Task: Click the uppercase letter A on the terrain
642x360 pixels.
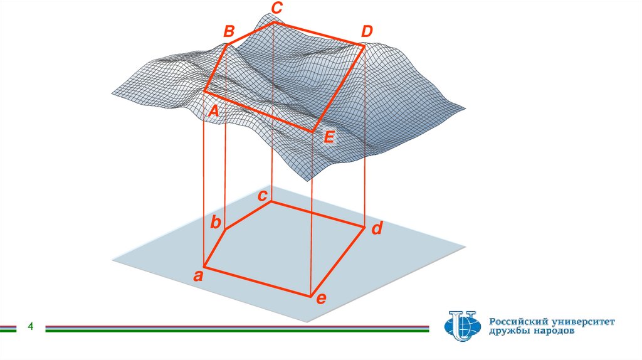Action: pyautogui.click(x=213, y=110)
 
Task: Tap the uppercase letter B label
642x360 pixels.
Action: pyautogui.click(x=229, y=31)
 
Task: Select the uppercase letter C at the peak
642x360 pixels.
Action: pyautogui.click(x=276, y=8)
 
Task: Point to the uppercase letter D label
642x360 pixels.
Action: pyautogui.click(x=367, y=31)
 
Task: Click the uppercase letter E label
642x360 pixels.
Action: pyautogui.click(x=329, y=137)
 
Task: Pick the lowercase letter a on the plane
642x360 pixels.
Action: pyautogui.click(x=198, y=276)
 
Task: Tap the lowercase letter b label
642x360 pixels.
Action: pyautogui.click(x=216, y=223)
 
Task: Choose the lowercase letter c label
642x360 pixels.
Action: pyautogui.click(x=263, y=196)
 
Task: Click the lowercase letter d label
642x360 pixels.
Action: pyautogui.click(x=377, y=228)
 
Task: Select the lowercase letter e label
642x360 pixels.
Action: pyautogui.click(x=322, y=299)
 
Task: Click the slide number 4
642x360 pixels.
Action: pyautogui.click(x=30, y=326)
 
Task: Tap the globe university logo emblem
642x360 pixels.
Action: pyautogui.click(x=462, y=326)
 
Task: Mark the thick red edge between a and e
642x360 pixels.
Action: pyautogui.click(x=258, y=282)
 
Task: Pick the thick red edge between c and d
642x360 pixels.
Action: pyautogui.click(x=317, y=214)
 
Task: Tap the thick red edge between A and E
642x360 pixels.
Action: pyautogui.click(x=259, y=111)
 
